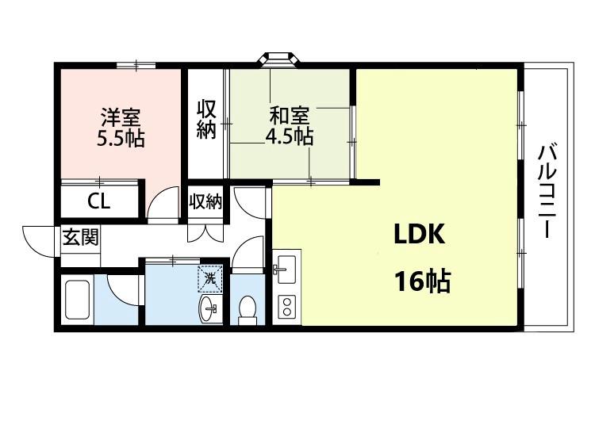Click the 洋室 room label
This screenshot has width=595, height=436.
point(121,117)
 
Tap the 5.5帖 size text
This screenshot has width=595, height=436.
point(121,140)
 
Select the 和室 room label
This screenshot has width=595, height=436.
point(289,116)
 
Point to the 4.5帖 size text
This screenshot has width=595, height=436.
point(289,137)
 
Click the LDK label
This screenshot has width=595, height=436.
point(420,234)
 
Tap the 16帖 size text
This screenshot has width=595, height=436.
point(422,281)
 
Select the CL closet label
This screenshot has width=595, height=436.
point(99,201)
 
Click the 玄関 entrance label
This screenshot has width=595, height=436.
point(80,237)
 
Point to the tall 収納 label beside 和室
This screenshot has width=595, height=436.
point(206,120)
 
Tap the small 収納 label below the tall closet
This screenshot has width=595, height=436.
point(205,201)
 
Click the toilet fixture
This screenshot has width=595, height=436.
point(248,310)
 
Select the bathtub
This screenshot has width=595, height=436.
point(78,299)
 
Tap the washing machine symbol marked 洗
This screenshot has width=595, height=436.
point(209,279)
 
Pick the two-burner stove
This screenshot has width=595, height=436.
point(286,307)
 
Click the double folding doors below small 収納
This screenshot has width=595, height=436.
point(205,233)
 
